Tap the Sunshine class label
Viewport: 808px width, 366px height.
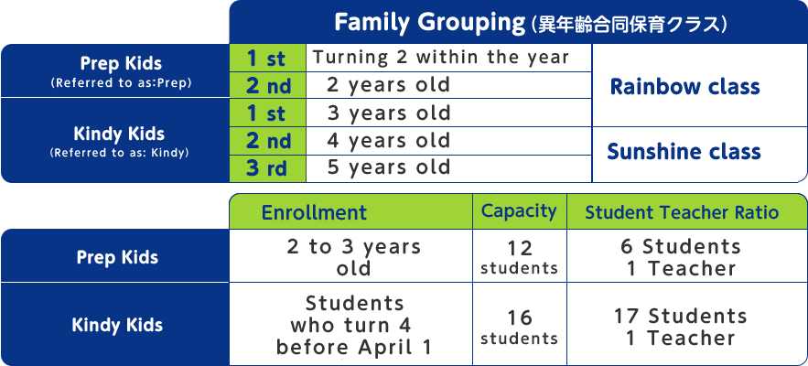(x=684, y=152)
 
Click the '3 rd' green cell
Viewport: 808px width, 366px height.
(x=267, y=168)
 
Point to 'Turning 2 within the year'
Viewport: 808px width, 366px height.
(x=440, y=58)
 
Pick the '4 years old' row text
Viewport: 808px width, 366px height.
(x=389, y=141)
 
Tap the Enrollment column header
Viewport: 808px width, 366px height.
(x=315, y=212)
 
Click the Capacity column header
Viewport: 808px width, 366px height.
(x=519, y=210)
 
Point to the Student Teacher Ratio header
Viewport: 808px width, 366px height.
(x=682, y=212)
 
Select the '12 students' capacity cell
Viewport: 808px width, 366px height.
(x=520, y=257)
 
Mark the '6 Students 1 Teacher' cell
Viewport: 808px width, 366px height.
(x=681, y=257)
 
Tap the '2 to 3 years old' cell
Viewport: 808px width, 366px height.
(x=353, y=257)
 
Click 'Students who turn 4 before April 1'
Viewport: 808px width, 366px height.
(x=354, y=326)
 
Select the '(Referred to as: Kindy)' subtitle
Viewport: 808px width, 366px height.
(x=119, y=153)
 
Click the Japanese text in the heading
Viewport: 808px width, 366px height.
(x=631, y=24)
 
